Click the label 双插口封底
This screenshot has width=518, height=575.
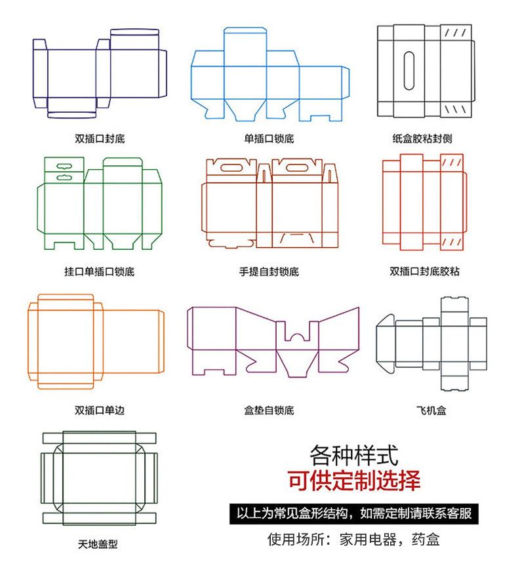(x=100, y=139)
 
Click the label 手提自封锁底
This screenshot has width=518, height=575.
(x=269, y=271)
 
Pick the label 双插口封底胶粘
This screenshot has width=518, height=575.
(x=424, y=271)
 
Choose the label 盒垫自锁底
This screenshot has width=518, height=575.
(x=269, y=410)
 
